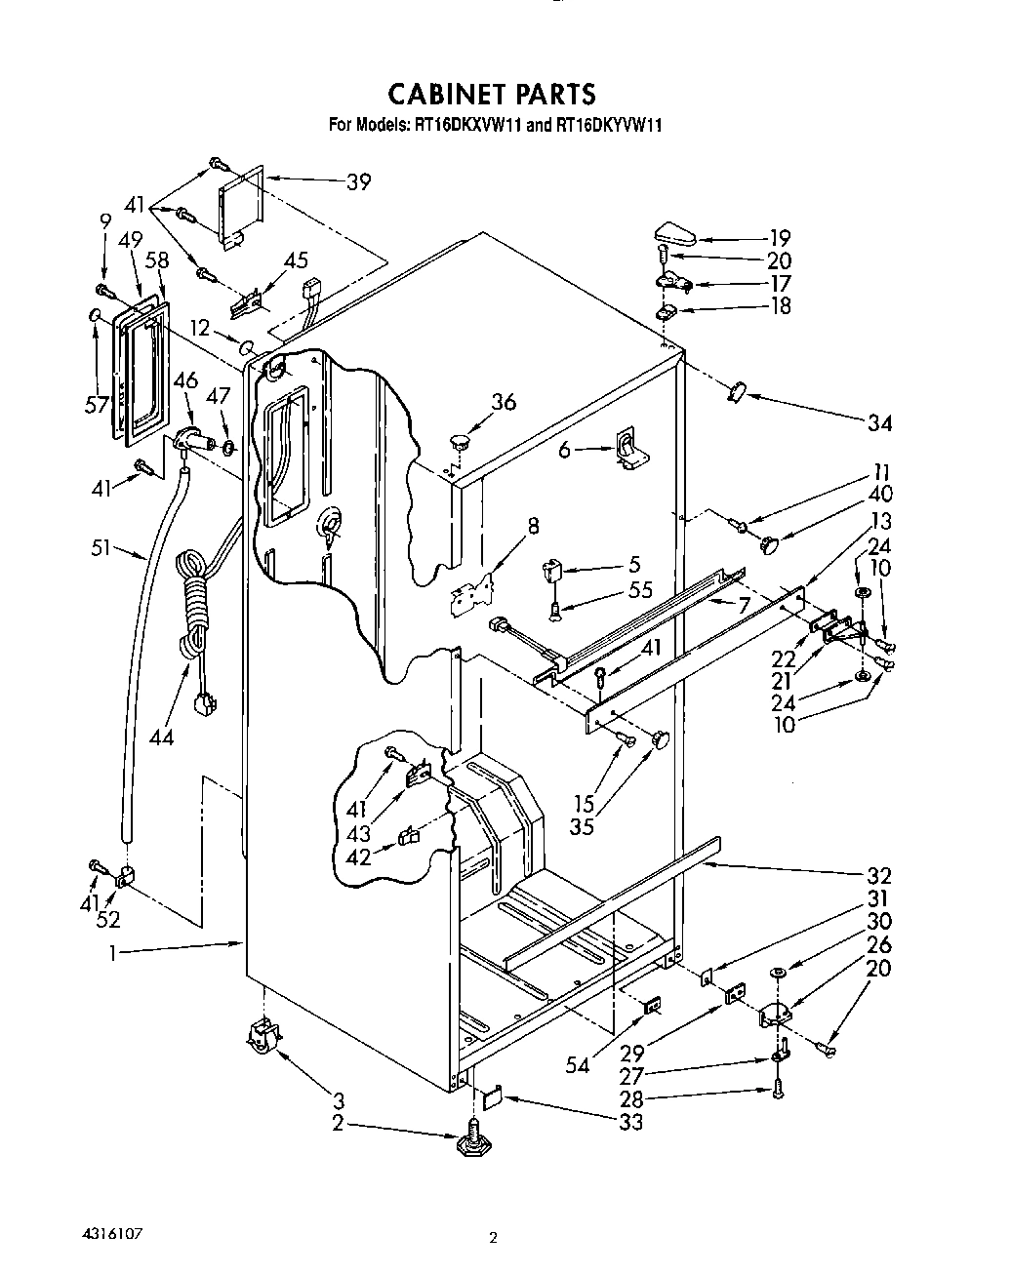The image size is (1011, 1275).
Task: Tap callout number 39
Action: [359, 181]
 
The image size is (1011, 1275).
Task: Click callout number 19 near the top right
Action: [779, 237]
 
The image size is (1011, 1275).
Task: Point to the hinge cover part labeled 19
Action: [674, 234]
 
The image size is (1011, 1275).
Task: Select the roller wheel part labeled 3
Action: [263, 1034]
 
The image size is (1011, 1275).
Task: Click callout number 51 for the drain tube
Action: [102, 549]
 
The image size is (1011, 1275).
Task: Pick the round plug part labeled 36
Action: [462, 439]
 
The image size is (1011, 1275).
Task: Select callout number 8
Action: [533, 528]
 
